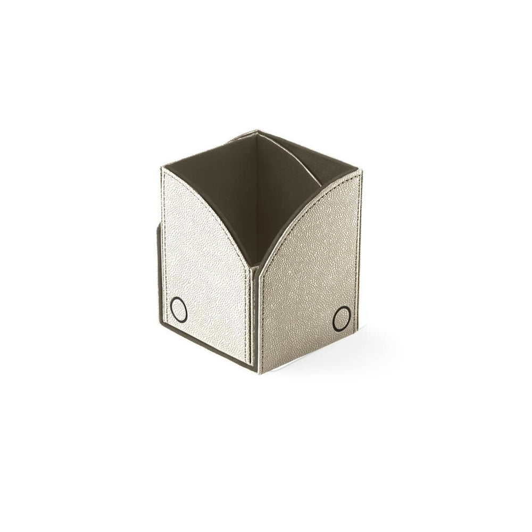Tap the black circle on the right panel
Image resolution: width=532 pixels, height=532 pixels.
click(x=342, y=318)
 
